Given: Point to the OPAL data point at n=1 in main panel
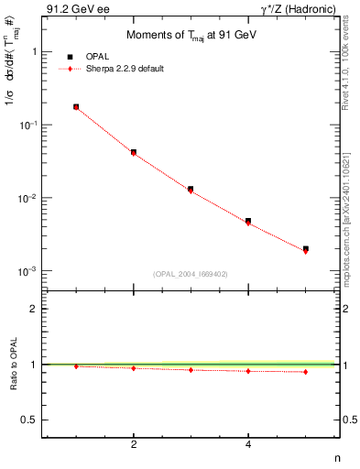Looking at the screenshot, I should tap(76, 107).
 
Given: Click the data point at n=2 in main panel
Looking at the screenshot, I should tap(134, 152).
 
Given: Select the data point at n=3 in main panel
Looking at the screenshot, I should tap(191, 189).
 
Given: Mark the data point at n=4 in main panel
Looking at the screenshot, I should tap(248, 221).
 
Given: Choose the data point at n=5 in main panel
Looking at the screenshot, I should tap(306, 249).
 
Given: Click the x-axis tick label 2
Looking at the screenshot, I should tap(134, 445).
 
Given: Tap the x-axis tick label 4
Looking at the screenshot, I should tap(248, 445).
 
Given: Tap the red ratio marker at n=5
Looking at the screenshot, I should tap(306, 372).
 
